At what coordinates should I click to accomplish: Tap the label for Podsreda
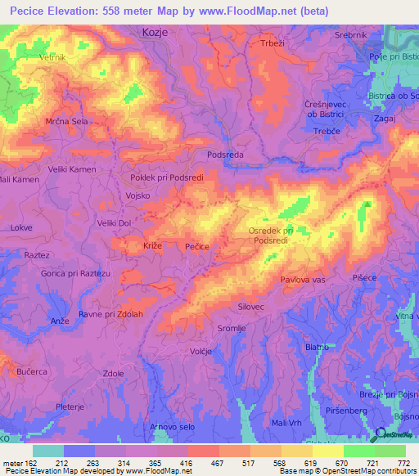[x=226, y=155]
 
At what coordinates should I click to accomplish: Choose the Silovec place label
[x=251, y=306]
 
